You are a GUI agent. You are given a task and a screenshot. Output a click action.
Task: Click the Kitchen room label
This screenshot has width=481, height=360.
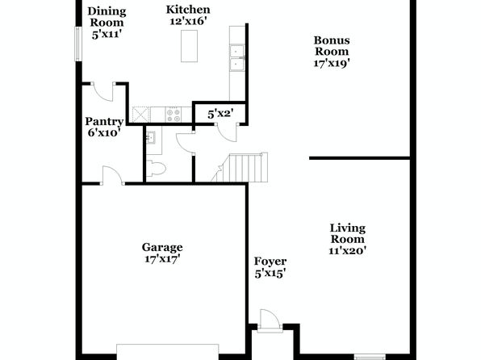click(x=188, y=10)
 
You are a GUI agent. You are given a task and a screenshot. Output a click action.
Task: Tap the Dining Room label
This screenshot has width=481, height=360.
click(x=107, y=17)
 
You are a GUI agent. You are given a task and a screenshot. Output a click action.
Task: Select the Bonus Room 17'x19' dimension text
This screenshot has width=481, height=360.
click(x=332, y=63)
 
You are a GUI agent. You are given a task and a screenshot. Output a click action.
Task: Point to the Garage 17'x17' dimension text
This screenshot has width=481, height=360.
click(x=162, y=259)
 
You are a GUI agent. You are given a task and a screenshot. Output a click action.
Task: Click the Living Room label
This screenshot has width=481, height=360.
click(x=348, y=233)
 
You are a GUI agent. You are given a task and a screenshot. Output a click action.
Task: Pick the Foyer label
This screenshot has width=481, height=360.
click(x=270, y=262)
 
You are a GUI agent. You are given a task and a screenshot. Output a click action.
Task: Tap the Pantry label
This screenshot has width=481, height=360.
click(x=104, y=121)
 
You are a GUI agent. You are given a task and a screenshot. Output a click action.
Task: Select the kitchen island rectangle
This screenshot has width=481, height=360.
click(x=189, y=46)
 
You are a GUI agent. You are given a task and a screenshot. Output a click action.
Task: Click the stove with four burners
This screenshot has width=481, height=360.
click(x=174, y=115)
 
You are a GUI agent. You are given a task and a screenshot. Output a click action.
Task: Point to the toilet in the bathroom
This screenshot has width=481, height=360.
click(x=156, y=169)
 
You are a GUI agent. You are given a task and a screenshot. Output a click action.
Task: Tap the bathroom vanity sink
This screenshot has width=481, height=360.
click(x=151, y=137)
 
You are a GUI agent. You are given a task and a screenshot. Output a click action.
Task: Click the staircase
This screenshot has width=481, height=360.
click(x=240, y=167)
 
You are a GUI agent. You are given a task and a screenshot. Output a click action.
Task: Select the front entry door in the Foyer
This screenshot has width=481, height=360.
click(x=270, y=321)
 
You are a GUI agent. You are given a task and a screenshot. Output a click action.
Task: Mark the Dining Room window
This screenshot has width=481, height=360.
click(x=78, y=44)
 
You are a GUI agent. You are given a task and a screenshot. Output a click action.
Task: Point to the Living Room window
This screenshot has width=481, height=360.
click(x=370, y=358)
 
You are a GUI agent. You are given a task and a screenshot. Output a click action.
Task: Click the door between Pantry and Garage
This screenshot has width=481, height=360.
click(x=113, y=175)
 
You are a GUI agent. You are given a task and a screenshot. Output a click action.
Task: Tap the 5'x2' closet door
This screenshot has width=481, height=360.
click(x=227, y=132)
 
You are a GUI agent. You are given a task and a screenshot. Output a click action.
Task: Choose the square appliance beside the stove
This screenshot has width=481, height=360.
click(x=140, y=115)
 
